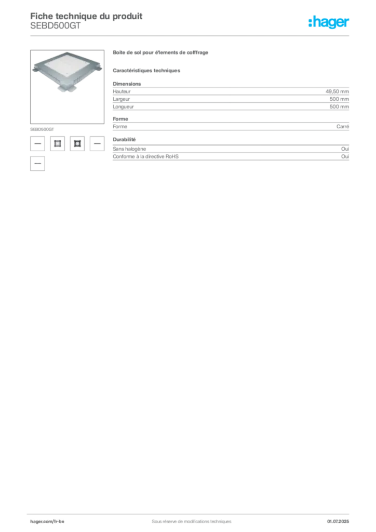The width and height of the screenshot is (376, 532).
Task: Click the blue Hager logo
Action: pyautogui.click(x=330, y=23)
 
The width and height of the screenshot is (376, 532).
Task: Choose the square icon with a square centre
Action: pyautogui.click(x=57, y=143)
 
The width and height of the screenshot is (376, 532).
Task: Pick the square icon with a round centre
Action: pyautogui.click(x=77, y=143)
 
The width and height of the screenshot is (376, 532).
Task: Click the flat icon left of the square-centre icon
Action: pyautogui.click(x=37, y=143)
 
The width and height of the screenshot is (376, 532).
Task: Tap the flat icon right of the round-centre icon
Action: pyautogui.click(x=97, y=143)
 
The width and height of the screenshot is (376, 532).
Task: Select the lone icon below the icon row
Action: pyautogui.click(x=37, y=164)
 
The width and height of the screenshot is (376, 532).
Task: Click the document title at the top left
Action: pyautogui.click(x=86, y=15)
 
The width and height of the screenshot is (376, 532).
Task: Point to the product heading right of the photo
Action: pyautogui.click(x=163, y=54)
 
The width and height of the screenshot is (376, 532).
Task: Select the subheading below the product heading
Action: pyautogui.click(x=147, y=69)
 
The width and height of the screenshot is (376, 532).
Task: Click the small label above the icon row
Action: pyautogui.click(x=43, y=127)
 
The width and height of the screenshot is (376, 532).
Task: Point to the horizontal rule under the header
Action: pyautogui.click(x=191, y=36)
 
